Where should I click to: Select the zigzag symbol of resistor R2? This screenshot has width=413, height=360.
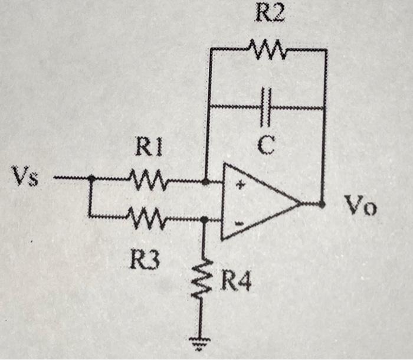point(268,50)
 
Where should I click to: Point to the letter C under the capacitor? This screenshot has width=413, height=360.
point(267,145)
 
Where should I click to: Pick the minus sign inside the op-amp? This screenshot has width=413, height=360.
point(240,224)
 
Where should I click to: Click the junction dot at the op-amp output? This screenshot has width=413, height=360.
point(322,205)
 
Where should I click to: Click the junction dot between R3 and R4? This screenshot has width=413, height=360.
point(203,220)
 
